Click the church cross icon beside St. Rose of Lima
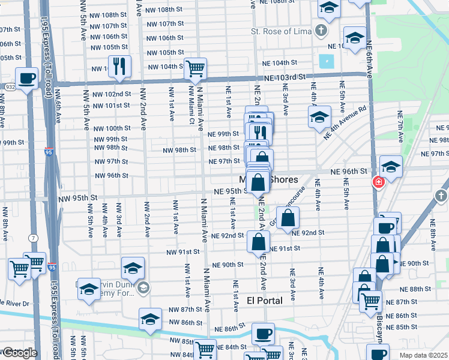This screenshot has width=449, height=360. [322, 30]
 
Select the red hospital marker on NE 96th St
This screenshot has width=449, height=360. [379, 182]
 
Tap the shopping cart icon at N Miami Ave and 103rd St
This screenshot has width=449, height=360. [195, 68]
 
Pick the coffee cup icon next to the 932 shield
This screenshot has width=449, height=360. [27, 78]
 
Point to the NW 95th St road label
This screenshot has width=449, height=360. [77, 197]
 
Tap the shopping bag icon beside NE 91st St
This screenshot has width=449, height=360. [258, 241]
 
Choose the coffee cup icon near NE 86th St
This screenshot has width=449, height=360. [262, 333]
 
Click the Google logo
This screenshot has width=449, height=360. [19, 353]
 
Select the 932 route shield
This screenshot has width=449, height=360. [9, 87]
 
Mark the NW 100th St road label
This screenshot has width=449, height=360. [110, 128]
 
